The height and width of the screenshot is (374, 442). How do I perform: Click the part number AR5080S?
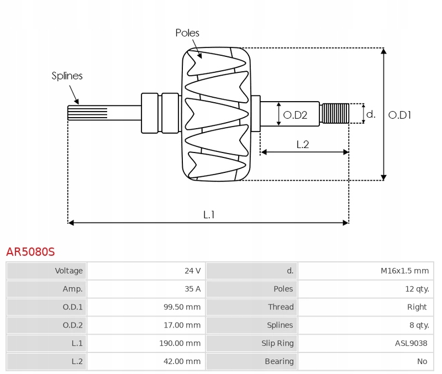(x=30, y=252)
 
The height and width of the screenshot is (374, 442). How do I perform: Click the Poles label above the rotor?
(x=187, y=33)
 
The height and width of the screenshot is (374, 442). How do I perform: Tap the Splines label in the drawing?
(x=67, y=76)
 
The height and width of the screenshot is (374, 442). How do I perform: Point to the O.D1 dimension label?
(x=400, y=115)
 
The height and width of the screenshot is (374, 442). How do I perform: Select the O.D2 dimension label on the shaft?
(x=294, y=115)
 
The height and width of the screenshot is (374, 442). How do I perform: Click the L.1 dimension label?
(x=208, y=215)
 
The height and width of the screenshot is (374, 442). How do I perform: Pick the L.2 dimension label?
(x=302, y=145)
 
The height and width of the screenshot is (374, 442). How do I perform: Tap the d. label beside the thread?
(x=371, y=114)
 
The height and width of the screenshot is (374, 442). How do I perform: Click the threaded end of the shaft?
(x=335, y=113)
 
